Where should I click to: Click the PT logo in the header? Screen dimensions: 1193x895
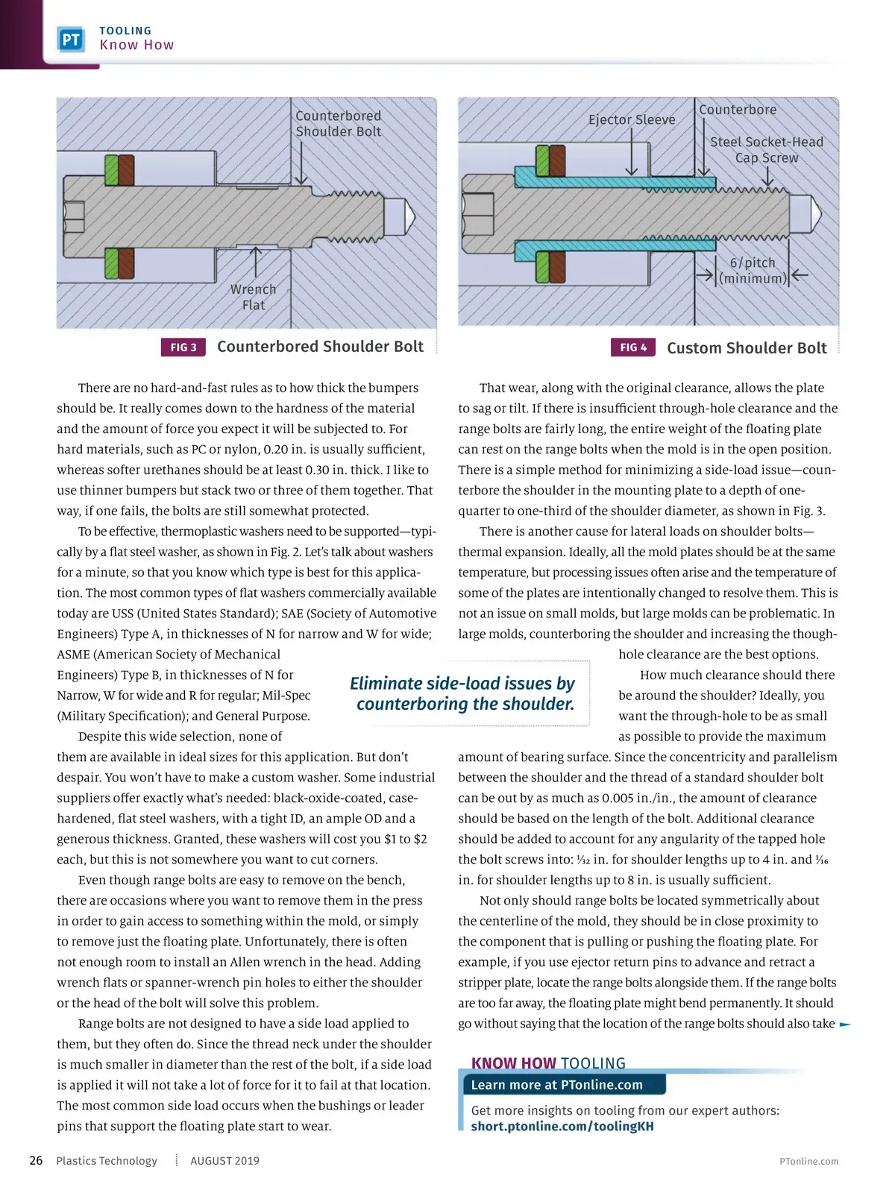(71, 40)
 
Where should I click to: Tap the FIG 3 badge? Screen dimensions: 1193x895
(183, 347)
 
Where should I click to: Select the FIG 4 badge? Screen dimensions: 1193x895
(633, 347)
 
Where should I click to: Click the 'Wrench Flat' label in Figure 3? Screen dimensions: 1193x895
(253, 297)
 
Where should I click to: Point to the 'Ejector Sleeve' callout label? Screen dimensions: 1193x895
(632, 119)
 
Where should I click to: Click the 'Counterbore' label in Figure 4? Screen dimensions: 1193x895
(738, 110)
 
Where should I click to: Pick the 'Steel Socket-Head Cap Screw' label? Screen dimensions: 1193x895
(767, 150)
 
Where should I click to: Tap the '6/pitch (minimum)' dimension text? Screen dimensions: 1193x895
(753, 271)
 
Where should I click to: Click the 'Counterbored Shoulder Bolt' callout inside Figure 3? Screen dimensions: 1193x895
(338, 124)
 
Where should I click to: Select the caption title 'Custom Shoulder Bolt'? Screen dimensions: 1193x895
(747, 348)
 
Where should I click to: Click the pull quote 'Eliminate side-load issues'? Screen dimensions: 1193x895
(463, 693)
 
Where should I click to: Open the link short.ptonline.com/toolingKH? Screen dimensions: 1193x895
(562, 1127)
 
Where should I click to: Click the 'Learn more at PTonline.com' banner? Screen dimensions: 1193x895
(557, 1085)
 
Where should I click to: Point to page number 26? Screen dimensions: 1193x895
(36, 1161)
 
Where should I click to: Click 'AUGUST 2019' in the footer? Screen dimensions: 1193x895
(224, 1161)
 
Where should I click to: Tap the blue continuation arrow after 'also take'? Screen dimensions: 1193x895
(845, 1024)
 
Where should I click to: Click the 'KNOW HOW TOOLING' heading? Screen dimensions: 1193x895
(548, 1063)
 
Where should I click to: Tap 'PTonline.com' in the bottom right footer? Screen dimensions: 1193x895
(808, 1162)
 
